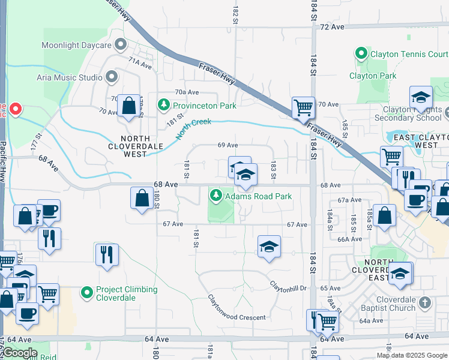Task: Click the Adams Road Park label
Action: pyautogui.click(x=259, y=196)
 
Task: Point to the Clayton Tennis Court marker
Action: pyautogui.click(x=361, y=54)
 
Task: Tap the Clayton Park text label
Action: pyautogui.click(x=373, y=76)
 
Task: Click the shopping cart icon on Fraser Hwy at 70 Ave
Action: pyautogui.click(x=303, y=108)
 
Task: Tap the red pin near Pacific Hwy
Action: pyautogui.click(x=16, y=109)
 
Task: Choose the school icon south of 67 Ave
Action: pyautogui.click(x=269, y=246)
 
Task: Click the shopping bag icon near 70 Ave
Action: pyautogui.click(x=128, y=106)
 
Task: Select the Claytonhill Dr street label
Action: pyautogui.click(x=288, y=286)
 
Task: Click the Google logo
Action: pyautogui.click(x=20, y=353)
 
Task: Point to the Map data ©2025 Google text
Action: pyautogui.click(x=411, y=355)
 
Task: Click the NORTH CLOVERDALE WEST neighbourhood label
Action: pyautogui.click(x=127, y=146)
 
